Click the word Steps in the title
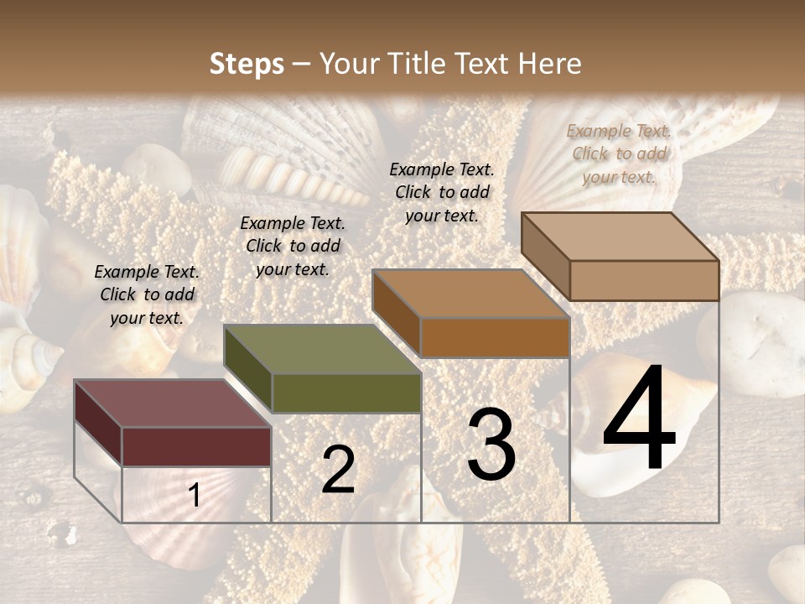point(247,64)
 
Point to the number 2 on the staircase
point(338,470)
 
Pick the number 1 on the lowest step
point(195,496)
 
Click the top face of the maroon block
point(172,404)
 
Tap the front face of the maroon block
point(196,446)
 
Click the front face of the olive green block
point(345,393)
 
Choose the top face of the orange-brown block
point(470,294)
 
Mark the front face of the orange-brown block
point(495,337)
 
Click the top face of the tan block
point(620,237)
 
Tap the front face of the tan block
point(644,280)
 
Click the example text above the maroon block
point(147,295)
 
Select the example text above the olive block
point(293,246)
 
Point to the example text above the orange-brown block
point(442,192)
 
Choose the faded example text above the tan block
point(619,154)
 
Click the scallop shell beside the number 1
point(155,499)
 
